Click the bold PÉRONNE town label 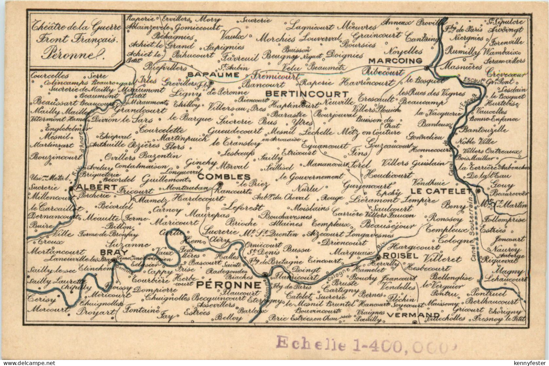click(x=229, y=285)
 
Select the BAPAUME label click(x=208, y=74)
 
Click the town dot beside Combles click(x=220, y=184)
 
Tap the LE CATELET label click(x=440, y=191)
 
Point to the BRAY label click(x=109, y=252)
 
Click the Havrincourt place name click(x=367, y=82)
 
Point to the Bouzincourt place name click(x=56, y=157)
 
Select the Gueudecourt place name click(x=235, y=131)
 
